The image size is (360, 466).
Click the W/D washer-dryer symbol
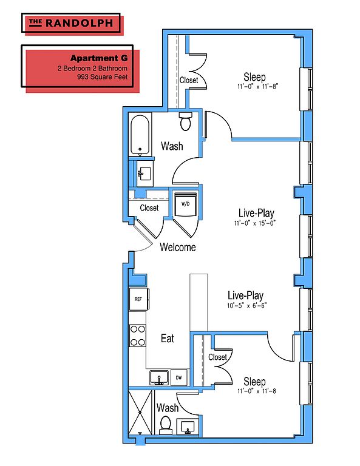click(186, 204)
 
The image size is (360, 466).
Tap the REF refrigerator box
click(139, 299)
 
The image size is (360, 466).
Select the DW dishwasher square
click(178, 378)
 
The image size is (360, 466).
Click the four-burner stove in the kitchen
click(138, 336)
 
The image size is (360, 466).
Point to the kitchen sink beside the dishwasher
click(159, 378)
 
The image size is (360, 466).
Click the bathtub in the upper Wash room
click(140, 135)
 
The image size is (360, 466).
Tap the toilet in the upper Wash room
click(186, 121)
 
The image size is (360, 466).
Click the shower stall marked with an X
click(140, 413)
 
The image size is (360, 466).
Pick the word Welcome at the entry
click(178, 247)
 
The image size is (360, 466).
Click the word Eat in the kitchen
click(168, 338)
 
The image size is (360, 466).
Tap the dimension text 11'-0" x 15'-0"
click(255, 223)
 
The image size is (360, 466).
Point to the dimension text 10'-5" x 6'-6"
click(247, 305)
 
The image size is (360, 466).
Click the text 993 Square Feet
click(102, 77)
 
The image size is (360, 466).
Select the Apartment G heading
click(99, 58)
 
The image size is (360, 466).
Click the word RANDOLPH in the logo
click(80, 23)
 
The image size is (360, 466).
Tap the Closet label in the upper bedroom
click(189, 80)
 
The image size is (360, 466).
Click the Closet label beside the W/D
click(149, 208)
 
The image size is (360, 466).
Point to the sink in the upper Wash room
click(144, 174)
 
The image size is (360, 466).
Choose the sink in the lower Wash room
click(188, 427)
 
